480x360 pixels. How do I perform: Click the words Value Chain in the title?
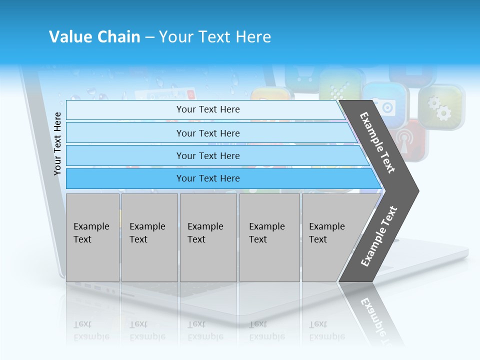94,37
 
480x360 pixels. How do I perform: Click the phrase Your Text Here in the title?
215,37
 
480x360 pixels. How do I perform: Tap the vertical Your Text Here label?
58,143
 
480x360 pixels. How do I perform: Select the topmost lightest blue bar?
207,109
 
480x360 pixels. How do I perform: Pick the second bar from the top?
207,133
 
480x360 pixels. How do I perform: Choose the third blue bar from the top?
207,155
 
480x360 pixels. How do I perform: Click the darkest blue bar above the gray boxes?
207,178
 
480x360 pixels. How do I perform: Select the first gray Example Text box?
92,237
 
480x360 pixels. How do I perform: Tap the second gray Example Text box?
149,237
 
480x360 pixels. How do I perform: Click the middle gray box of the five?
208,237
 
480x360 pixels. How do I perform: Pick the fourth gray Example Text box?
269,237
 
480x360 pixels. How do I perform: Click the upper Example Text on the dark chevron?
378,142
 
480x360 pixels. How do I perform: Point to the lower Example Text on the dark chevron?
379,236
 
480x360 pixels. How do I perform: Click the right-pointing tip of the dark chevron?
415,191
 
